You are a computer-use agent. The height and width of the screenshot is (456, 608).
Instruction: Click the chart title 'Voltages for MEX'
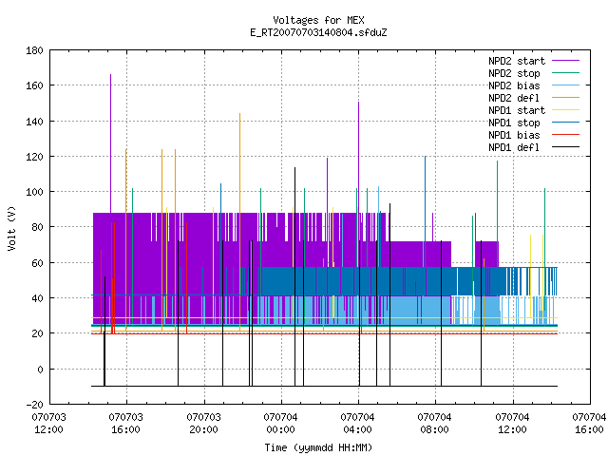coord(318,20)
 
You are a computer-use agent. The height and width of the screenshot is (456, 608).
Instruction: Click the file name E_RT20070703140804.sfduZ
coord(318,32)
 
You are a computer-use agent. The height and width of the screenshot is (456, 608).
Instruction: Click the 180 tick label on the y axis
coord(34,50)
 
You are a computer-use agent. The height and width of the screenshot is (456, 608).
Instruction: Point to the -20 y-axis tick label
coord(34,405)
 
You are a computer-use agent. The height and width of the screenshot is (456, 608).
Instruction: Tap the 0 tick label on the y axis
coord(40,370)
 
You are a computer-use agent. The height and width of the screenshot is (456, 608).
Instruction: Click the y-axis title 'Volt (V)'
coord(11,228)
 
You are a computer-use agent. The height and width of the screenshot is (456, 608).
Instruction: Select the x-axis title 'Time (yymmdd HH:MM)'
coord(318,447)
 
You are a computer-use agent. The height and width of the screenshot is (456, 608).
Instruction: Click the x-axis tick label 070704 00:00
coord(280,424)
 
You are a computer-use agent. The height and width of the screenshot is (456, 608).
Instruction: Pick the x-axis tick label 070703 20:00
coord(203,424)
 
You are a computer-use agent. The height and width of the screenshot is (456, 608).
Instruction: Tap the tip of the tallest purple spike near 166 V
coord(110,74)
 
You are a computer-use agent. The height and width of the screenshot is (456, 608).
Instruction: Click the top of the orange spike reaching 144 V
coord(240,113)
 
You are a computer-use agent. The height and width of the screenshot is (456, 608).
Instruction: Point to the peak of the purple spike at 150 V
coord(359,102)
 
